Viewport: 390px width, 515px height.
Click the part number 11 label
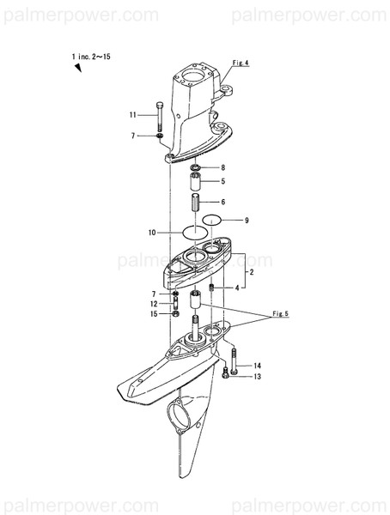133,115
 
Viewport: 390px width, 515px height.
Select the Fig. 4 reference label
241,63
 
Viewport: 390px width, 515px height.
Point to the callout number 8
222,167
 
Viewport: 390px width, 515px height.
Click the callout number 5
222,181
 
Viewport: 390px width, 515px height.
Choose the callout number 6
222,202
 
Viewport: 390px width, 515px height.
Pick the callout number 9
246,221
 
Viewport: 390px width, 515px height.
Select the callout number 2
250,271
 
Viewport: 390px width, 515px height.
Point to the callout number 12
153,304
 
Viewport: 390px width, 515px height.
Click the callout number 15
153,314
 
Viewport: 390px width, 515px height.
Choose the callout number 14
256,367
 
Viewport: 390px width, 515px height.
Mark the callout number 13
256,377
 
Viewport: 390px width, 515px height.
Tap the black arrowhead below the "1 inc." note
77,69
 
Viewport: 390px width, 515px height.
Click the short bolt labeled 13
225,373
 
